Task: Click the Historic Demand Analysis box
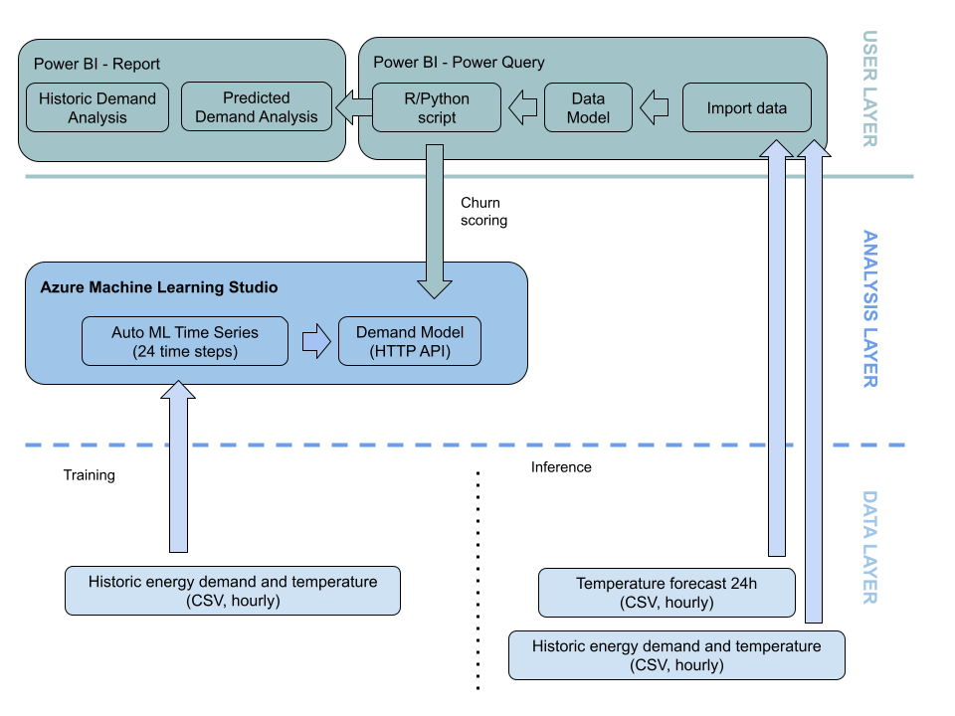pos(97,107)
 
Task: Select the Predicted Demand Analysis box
pos(257,107)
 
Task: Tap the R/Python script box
pos(437,107)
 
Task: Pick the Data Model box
pos(588,107)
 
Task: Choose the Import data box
pos(746,107)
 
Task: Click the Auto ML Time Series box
pos(184,341)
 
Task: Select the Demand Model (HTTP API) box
pos(410,341)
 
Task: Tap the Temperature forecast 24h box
pos(667,593)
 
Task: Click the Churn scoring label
pos(483,212)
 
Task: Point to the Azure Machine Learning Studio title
pos(159,287)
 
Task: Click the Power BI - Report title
pos(96,64)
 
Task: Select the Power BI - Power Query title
pos(459,62)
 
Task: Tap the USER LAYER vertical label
pos(868,89)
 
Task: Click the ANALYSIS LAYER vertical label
pos(868,308)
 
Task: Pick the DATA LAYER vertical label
pos(868,547)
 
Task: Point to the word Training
pos(90,475)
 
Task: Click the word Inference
pos(561,467)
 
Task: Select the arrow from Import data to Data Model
pos(654,107)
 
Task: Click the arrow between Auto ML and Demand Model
pos(315,341)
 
